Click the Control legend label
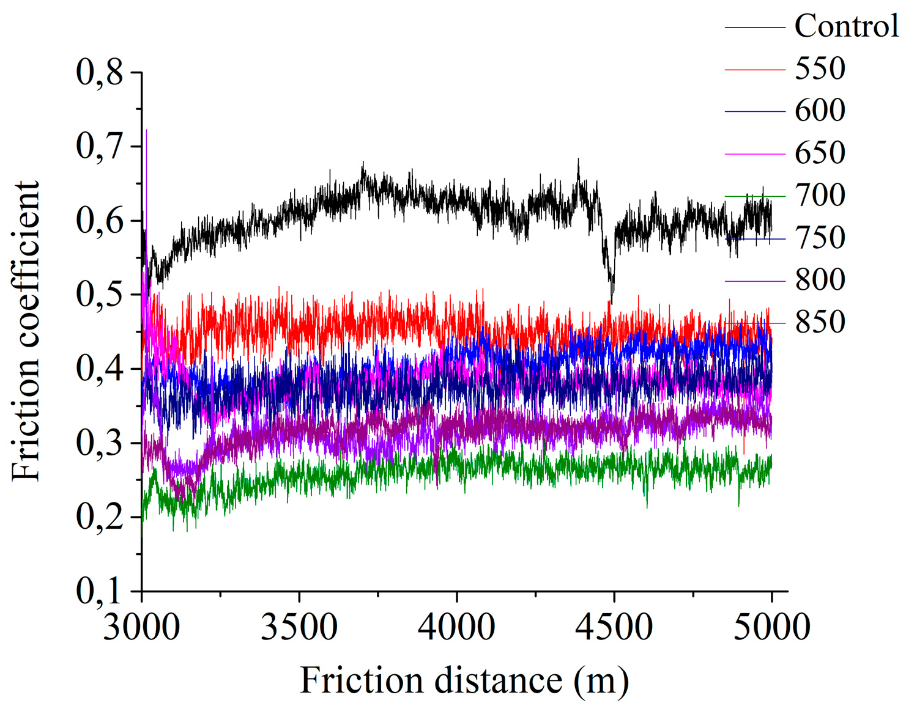pyautogui.click(x=846, y=26)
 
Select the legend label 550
pyautogui.click(x=820, y=68)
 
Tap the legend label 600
pyautogui.click(x=820, y=111)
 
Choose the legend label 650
pyautogui.click(x=820, y=153)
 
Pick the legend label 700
pyautogui.click(x=820, y=196)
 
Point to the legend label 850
pyautogui.click(x=820, y=322)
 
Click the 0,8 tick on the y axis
pyautogui.click(x=99, y=72)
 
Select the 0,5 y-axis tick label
pyautogui.click(x=99, y=295)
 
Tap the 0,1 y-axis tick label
pyautogui.click(x=99, y=591)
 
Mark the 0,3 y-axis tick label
pyautogui.click(x=99, y=443)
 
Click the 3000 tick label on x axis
pyautogui.click(x=141, y=627)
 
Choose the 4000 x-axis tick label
pyautogui.click(x=456, y=627)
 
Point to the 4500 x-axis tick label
pyautogui.click(x=614, y=627)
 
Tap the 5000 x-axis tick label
pyautogui.click(x=771, y=627)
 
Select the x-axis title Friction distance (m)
pyautogui.click(x=464, y=681)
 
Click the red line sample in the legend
pyautogui.click(x=755, y=70)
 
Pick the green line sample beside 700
pyautogui.click(x=755, y=196)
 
